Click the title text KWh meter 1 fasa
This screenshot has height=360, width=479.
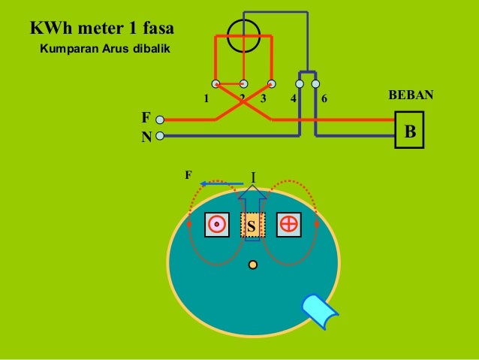point(101,30)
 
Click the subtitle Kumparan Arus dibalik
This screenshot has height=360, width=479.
point(105,50)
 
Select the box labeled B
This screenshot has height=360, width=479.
point(409,132)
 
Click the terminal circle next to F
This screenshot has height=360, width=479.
point(160,119)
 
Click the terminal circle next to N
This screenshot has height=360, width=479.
point(160,137)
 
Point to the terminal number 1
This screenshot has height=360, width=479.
point(206,99)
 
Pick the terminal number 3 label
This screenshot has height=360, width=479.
point(263,99)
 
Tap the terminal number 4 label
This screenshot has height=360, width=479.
point(293,99)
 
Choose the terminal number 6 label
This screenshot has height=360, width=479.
point(324,99)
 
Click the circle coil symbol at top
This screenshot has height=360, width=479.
point(243,35)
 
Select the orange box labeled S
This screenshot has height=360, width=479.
point(252,225)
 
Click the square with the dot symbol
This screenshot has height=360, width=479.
point(216,224)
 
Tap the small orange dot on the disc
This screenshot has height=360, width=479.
point(253,265)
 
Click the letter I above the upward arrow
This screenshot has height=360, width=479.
point(253,177)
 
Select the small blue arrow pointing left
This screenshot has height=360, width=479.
point(217,183)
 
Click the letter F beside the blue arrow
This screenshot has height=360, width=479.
point(188,175)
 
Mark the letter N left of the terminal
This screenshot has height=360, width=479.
point(146,137)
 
